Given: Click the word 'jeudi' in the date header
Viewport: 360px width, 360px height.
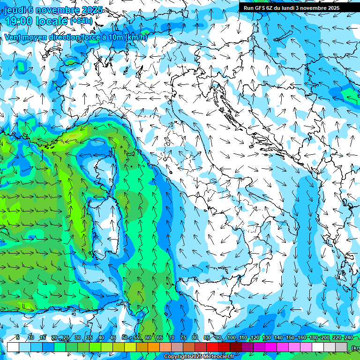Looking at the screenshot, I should point(15,10).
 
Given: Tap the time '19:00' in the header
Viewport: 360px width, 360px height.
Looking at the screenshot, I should point(19,21).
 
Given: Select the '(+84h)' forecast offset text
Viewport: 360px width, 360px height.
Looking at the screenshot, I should point(82,21).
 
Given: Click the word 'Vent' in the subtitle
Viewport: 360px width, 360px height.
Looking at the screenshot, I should point(13,37).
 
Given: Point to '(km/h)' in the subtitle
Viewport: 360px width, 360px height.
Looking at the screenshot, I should point(136,37).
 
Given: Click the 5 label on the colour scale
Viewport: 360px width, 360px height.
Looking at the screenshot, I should point(18,338).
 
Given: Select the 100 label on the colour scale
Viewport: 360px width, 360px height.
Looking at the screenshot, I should point(232,338).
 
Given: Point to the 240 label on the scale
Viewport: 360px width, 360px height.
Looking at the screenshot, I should point(349,338).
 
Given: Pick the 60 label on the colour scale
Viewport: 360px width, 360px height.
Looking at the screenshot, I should point(148,338).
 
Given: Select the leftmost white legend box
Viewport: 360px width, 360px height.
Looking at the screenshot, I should point(13,347).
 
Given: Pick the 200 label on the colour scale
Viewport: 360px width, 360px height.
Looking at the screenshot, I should point(325,338).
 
